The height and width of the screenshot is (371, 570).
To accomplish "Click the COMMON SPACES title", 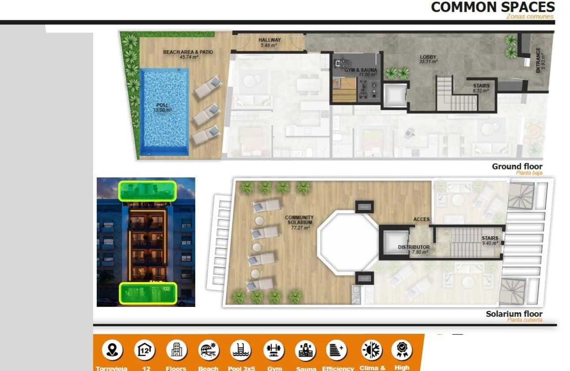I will point(493,7).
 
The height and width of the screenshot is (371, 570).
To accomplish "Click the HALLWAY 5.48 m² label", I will point(270,42).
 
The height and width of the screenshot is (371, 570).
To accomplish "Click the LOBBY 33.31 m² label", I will point(428,59).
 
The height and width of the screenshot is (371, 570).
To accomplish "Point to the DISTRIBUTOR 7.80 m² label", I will point(414,250).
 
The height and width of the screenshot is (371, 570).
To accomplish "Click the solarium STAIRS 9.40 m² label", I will point(490,240).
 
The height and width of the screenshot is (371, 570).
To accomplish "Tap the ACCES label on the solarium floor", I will point(421,220).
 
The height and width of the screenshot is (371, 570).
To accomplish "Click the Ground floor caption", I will point(517,167).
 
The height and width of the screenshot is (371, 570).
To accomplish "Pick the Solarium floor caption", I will point(514,314).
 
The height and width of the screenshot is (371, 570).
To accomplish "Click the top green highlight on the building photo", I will point(147,191).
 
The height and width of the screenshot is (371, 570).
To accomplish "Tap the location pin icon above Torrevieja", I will point(112,350).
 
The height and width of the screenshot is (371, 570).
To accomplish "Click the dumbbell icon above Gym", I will point(274,350).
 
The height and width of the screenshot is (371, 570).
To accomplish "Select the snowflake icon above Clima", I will point(370,350).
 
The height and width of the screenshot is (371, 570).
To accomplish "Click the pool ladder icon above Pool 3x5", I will point(241,350).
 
